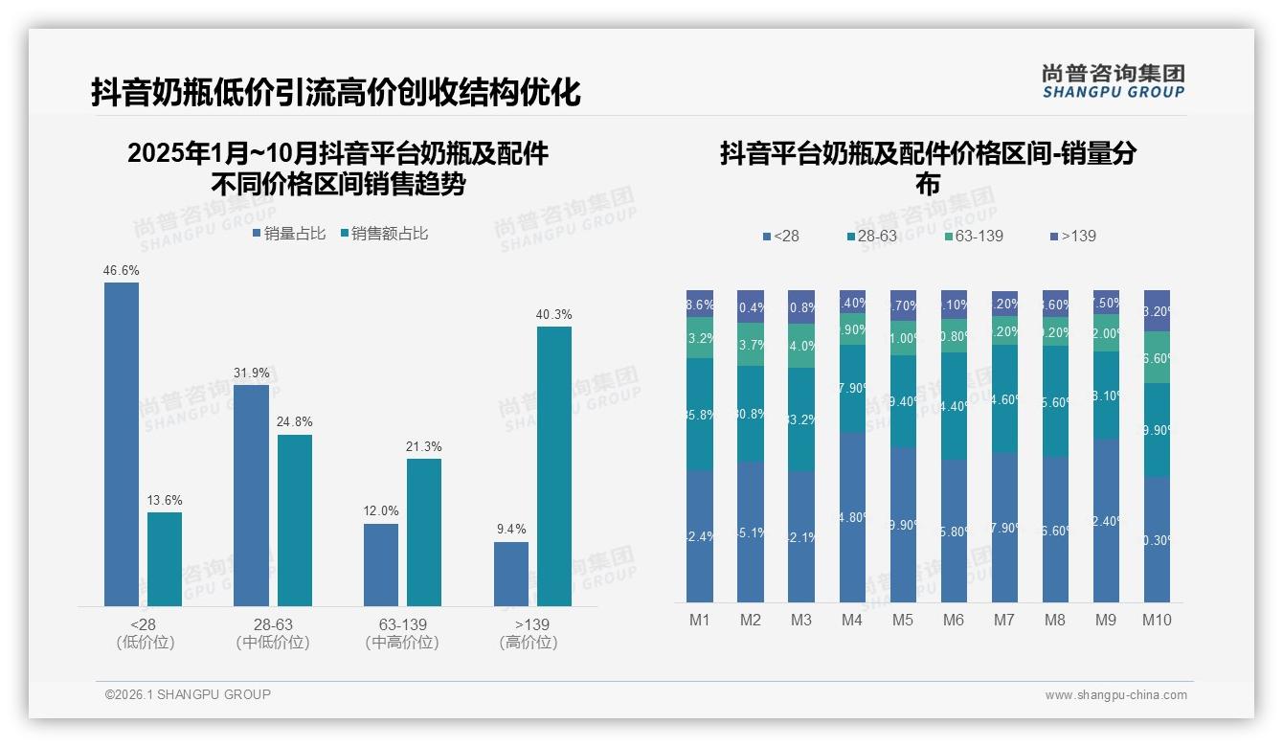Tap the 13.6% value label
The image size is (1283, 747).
pos(165,500)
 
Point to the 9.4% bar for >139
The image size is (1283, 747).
pos(511,574)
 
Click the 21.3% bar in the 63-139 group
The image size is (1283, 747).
pos(424,532)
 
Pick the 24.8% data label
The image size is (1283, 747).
pos(295,421)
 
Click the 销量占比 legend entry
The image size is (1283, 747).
pos(289,234)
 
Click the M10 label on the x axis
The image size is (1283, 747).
pos(1157,620)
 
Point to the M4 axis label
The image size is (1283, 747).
pos(852,620)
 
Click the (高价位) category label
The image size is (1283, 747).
pos(529,643)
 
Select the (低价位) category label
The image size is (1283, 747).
pos(145,643)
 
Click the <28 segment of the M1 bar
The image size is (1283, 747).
pos(700,535)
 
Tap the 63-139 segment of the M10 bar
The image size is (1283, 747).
pos(1157,357)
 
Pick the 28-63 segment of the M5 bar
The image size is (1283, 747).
pos(903,401)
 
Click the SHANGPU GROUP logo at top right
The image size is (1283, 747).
pos(1113,81)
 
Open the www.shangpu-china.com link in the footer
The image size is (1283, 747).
pos(1115,695)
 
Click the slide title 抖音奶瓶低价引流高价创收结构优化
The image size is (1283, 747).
pos(336,93)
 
